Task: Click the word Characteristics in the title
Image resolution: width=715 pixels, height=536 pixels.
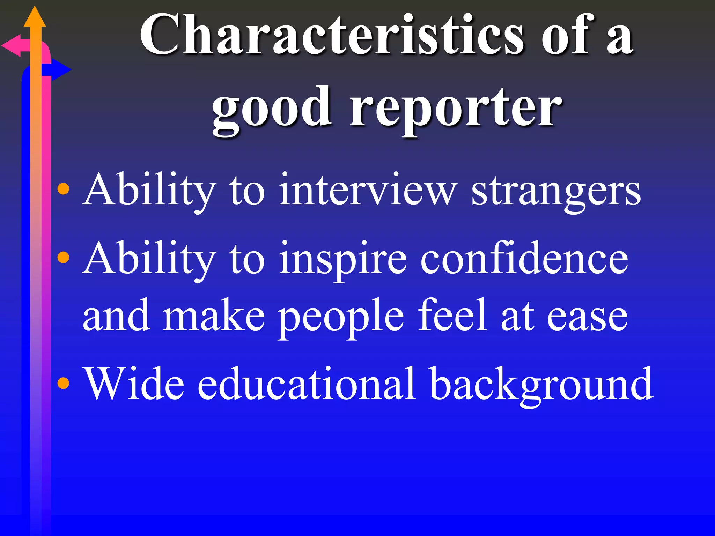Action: coord(332,35)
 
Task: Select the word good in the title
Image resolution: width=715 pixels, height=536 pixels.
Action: coord(272,108)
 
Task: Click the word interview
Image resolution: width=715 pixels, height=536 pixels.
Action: coord(367,190)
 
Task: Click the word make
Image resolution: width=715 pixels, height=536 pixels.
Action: coord(214,316)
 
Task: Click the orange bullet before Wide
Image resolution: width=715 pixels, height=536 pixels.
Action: coord(63,383)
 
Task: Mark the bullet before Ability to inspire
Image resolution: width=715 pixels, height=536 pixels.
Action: coord(63,258)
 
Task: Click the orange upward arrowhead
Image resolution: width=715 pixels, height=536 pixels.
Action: coord(35,17)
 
